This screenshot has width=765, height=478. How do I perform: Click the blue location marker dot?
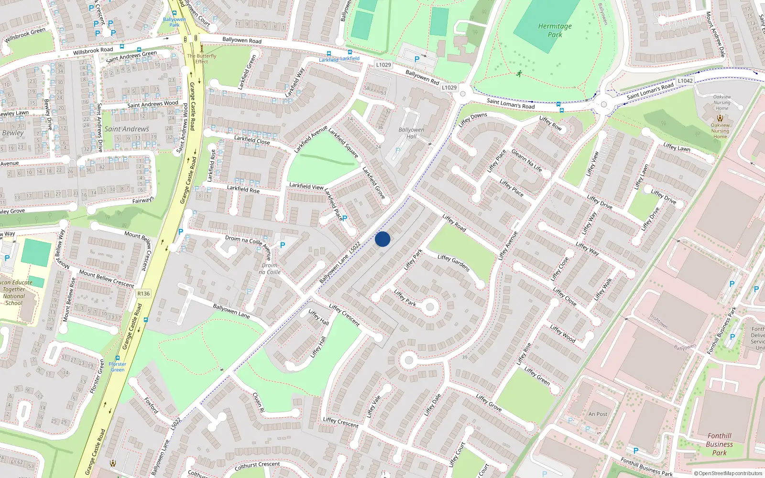(x=382, y=239)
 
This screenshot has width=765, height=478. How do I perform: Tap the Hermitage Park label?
(x=555, y=31)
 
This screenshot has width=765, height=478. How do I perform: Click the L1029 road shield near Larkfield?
(x=383, y=65)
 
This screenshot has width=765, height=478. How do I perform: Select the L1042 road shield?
(x=685, y=81)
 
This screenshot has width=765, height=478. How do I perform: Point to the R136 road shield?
(x=143, y=293)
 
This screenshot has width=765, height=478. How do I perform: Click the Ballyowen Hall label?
(x=411, y=133)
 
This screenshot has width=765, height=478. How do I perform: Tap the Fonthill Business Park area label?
(x=719, y=444)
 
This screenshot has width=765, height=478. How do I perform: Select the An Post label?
(x=598, y=414)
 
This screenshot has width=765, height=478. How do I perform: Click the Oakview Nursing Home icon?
(x=720, y=118)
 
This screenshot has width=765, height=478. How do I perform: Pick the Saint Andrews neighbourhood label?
(x=127, y=129)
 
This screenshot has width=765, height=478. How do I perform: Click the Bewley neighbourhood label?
(x=13, y=133)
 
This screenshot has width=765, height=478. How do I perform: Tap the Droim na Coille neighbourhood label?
(x=270, y=269)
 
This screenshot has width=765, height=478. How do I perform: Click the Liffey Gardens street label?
(x=454, y=263)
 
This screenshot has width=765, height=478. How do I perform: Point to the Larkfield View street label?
(x=306, y=186)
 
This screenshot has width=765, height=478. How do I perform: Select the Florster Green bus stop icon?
(x=118, y=358)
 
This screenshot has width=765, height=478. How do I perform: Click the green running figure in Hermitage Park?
(x=519, y=74)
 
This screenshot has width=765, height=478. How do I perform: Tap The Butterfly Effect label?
(x=202, y=58)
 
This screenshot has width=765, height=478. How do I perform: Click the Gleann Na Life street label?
(x=527, y=161)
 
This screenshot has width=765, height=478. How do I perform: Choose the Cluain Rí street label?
(x=258, y=402)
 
